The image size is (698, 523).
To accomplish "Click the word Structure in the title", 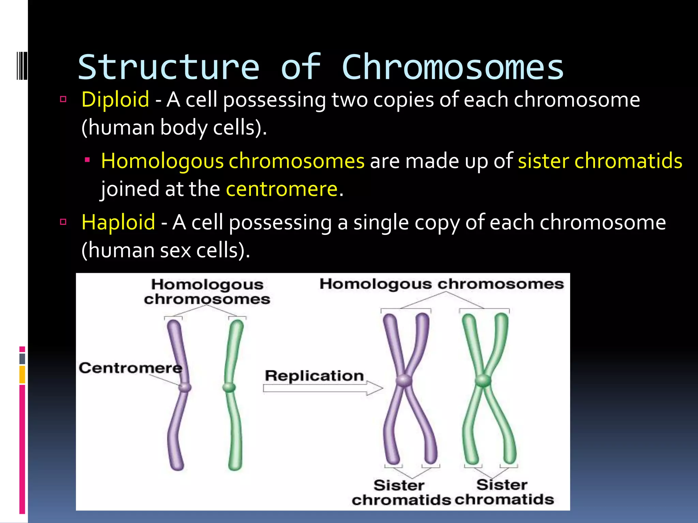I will tap(169, 67).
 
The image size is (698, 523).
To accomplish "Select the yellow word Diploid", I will tap(115, 99).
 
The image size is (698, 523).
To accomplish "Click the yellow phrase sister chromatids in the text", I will tap(600, 161).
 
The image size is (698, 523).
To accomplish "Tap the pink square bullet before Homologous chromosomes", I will tap(88, 159).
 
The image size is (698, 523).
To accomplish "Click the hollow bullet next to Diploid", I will tap(63, 99).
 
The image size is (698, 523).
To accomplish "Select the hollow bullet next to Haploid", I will tap(63, 222).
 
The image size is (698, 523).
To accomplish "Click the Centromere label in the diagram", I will tap(130, 368).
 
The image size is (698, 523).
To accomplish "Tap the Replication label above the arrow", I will tap(314, 376).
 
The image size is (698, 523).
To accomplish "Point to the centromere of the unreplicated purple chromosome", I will tap(185, 387).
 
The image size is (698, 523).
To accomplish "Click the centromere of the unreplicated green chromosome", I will tap(229, 387).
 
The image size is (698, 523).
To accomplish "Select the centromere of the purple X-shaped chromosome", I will tap(404, 380).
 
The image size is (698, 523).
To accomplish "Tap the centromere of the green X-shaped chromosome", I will tap(483, 380).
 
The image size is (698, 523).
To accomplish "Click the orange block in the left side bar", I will tap(22, 374).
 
